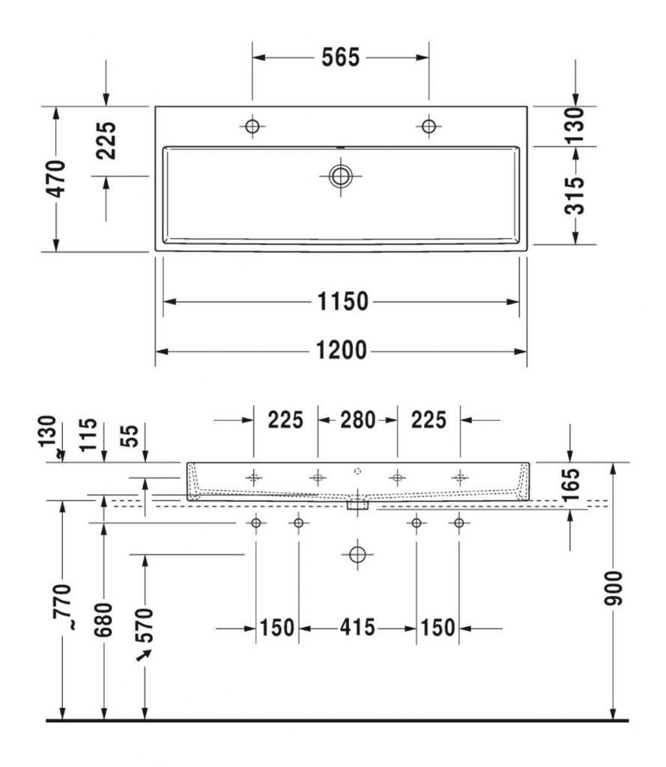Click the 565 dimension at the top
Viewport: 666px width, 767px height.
pyautogui.click(x=340, y=58)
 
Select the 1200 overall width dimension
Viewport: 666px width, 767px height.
pyautogui.click(x=341, y=351)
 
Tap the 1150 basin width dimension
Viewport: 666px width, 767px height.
pyautogui.click(x=342, y=301)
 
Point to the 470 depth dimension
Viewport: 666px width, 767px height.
pyautogui.click(x=56, y=178)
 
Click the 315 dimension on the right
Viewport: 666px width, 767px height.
pyautogui.click(x=575, y=195)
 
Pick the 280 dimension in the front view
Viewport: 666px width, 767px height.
pyautogui.click(x=357, y=419)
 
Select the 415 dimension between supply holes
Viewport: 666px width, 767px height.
pyautogui.click(x=357, y=627)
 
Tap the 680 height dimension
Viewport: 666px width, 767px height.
pyautogui.click(x=103, y=619)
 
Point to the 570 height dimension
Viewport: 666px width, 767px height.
pyautogui.click(x=145, y=625)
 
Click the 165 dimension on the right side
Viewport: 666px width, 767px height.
pyautogui.click(x=571, y=485)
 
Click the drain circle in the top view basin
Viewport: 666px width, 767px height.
pyautogui.click(x=341, y=176)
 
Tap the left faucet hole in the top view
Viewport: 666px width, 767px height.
pyautogui.click(x=252, y=126)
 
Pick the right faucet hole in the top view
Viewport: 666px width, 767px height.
pyautogui.click(x=429, y=126)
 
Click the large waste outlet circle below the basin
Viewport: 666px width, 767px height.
pyautogui.click(x=357, y=555)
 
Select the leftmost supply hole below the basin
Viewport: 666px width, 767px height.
pyautogui.click(x=256, y=523)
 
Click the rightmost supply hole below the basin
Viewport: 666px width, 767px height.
pyautogui.click(x=459, y=523)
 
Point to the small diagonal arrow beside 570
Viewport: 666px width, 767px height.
pyautogui.click(x=145, y=655)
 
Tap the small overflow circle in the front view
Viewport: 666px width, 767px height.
pyautogui.click(x=357, y=471)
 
